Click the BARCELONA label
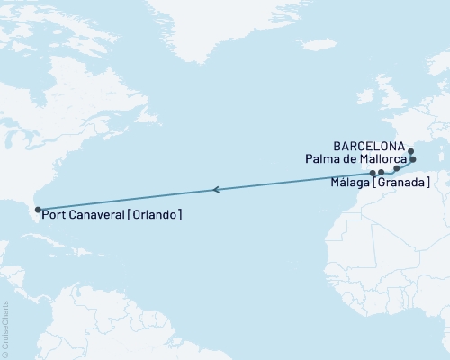(x=368, y=144)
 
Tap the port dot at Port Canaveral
(x=37, y=211)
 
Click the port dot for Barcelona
(x=410, y=151)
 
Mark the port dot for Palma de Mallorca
(x=413, y=159)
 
